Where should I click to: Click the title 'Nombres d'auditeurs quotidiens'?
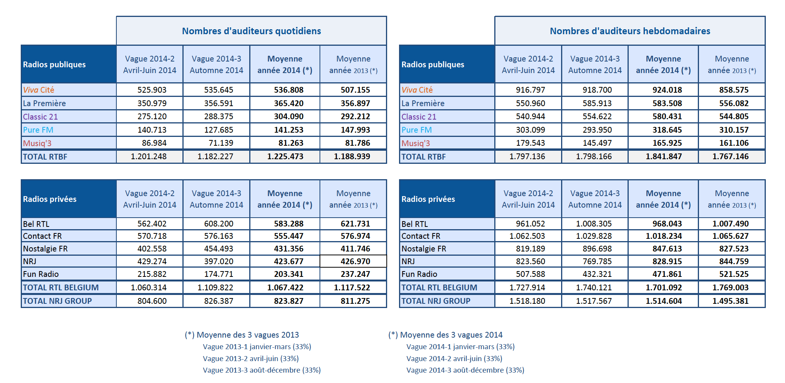(x=251, y=31)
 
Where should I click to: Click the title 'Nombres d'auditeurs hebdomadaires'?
(x=630, y=31)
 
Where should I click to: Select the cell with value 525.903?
(x=152, y=90)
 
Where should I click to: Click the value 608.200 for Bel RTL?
(x=219, y=224)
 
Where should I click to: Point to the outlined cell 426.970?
(x=355, y=261)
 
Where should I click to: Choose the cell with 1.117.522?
(x=352, y=288)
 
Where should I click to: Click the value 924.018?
(x=667, y=90)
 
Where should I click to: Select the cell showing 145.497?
(x=597, y=143)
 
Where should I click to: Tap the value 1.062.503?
(x=527, y=236)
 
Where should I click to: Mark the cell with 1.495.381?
(x=730, y=301)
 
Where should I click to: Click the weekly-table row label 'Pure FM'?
(x=416, y=130)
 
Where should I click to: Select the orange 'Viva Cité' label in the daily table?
(x=38, y=90)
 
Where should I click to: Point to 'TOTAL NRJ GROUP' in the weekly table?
(x=436, y=301)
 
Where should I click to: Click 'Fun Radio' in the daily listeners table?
(x=41, y=274)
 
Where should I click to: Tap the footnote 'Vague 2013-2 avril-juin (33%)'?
(x=250, y=358)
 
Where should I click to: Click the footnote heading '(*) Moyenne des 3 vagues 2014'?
(x=445, y=335)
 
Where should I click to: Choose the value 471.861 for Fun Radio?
(x=667, y=274)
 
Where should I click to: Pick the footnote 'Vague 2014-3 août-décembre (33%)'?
(x=465, y=370)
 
